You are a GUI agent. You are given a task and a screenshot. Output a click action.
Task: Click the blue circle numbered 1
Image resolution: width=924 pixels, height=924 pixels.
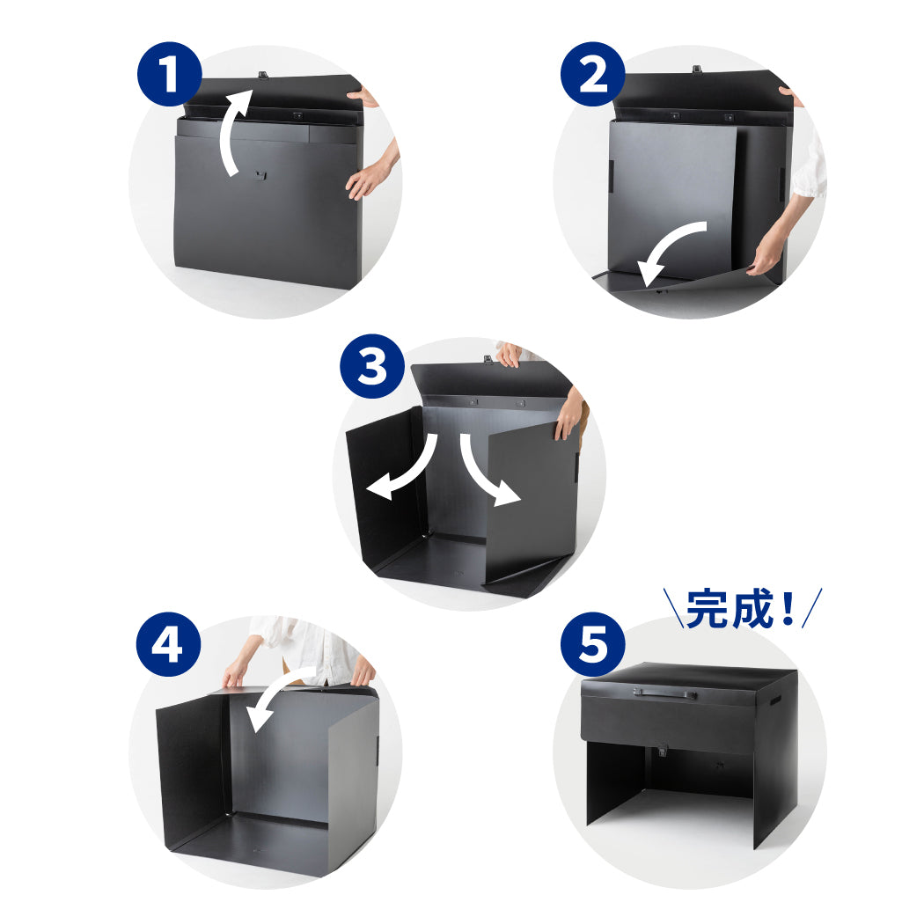(x=170, y=74)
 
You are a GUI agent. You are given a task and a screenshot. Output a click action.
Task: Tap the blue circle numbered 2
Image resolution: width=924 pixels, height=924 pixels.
(x=593, y=74)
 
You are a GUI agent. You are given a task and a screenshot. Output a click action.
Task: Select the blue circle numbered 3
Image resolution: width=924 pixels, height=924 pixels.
(x=372, y=366)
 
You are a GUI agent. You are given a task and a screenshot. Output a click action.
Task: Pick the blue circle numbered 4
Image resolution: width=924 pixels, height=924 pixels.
(x=169, y=644)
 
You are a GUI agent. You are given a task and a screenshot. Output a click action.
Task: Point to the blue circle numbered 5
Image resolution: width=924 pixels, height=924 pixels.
(x=593, y=644)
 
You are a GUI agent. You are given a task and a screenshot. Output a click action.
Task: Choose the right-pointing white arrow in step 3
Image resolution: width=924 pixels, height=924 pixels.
(x=480, y=472)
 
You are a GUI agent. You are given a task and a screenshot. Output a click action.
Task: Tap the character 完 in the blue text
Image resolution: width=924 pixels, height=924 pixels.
(x=708, y=609)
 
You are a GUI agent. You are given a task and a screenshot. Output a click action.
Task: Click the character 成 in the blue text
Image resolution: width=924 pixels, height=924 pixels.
(x=752, y=609)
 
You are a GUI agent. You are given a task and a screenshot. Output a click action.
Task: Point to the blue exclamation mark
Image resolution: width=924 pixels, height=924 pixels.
(x=788, y=608)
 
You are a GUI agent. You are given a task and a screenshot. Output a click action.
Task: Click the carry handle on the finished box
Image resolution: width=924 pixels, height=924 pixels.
(x=664, y=693)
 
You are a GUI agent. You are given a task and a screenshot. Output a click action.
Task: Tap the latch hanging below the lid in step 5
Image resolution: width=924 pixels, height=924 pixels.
(x=662, y=750)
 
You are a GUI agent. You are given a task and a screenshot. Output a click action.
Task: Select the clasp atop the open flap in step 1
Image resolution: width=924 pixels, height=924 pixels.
(x=263, y=75)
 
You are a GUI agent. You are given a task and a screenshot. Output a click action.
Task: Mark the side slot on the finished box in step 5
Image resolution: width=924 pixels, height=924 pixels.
(x=775, y=701)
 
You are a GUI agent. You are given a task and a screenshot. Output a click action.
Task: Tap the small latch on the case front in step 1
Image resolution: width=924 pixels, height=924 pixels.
(x=260, y=175)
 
